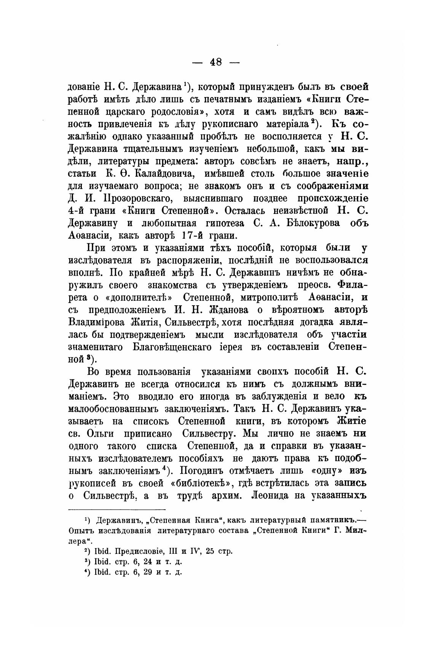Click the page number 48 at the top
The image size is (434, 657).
[x=216, y=62]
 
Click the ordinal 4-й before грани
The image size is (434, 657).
[x=78, y=211]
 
